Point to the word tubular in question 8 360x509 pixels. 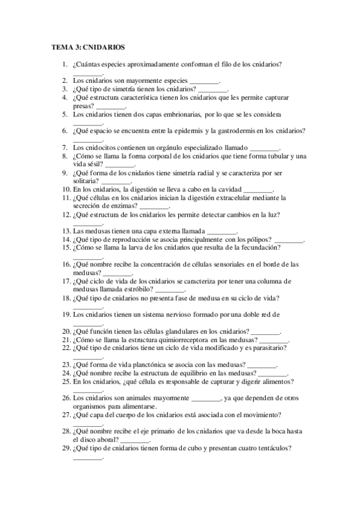pos(263,156)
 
